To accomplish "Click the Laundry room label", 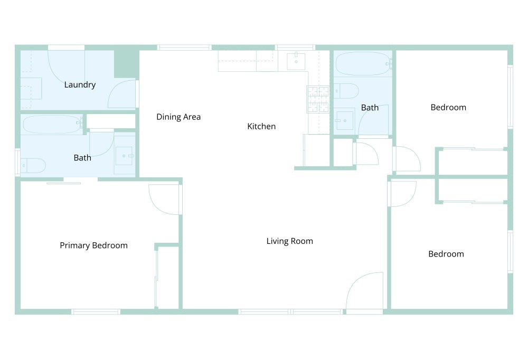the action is coord(80,84).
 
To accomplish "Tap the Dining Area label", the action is coord(178,117).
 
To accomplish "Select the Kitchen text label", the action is coord(261,126).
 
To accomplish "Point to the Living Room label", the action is coord(289,241).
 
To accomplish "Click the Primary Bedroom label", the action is coord(93,245).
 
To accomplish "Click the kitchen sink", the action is coord(296,61).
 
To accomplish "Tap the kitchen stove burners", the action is coord(317,99).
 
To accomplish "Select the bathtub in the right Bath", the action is coord(364,64).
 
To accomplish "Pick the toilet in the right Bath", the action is coord(346,91).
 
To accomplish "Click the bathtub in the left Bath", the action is coord(52,125).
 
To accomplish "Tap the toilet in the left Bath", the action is coord(33,165).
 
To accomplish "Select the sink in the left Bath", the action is coord(124,156).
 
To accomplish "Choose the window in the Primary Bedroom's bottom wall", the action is coord(96,312).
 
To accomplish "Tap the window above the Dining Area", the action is coord(184,48).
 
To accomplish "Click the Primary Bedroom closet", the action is coord(167,278).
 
